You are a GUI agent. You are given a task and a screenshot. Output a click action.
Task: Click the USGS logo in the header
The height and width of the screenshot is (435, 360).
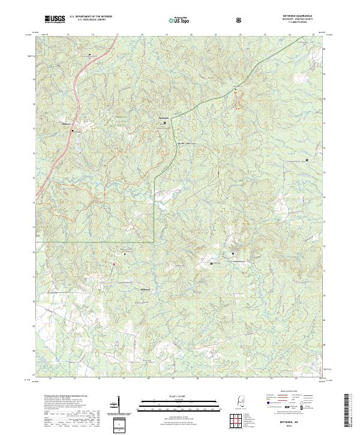point(54,20)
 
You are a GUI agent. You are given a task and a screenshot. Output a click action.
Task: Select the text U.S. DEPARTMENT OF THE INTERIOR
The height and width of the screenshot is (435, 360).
point(91,17)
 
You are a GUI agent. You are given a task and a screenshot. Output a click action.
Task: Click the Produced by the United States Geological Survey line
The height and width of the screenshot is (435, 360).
point(63,396)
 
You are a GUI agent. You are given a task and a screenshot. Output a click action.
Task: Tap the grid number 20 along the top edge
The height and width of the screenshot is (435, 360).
point(191,36)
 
